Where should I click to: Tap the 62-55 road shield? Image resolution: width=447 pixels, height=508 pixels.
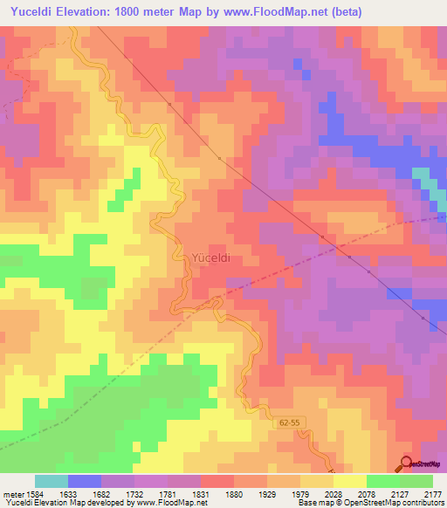pyautogui.click(x=277, y=422)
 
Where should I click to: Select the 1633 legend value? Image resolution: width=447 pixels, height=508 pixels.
pyautogui.click(x=67, y=493)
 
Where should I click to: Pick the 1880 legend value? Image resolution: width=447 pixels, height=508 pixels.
pyautogui.click(x=234, y=493)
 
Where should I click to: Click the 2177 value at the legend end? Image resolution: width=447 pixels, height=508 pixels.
pyautogui.click(x=432, y=493)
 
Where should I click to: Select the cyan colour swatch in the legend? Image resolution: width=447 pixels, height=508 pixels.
pyautogui.click(x=52, y=481)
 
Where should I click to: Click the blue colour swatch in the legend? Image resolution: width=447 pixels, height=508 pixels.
pyautogui.click(x=85, y=481)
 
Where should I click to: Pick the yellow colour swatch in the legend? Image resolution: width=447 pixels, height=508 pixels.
pyautogui.click(x=349, y=481)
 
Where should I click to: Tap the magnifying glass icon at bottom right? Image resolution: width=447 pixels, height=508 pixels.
pyautogui.click(x=407, y=463)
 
